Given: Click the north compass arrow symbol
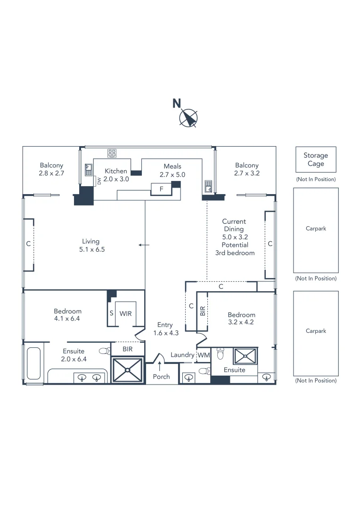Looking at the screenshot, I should [x=189, y=118].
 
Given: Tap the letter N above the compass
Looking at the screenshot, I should [x=177, y=103].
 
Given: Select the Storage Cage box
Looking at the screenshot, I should [x=316, y=159].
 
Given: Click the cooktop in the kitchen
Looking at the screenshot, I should [x=112, y=153].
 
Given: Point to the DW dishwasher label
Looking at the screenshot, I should [x=99, y=181].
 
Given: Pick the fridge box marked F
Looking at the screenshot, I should [x=161, y=189].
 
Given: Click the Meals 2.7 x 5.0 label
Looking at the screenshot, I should [x=172, y=170].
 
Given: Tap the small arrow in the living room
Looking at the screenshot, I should [x=144, y=245].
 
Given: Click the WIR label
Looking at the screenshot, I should [x=125, y=313].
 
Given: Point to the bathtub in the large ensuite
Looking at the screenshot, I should [x=34, y=363].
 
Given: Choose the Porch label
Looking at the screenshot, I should [x=161, y=377].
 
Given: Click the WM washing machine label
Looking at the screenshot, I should [x=203, y=355].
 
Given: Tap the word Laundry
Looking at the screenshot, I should [x=182, y=355].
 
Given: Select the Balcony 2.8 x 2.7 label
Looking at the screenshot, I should [x=51, y=169].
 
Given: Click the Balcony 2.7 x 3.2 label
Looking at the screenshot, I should [x=247, y=169].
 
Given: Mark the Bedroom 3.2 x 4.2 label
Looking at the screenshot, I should [x=241, y=319].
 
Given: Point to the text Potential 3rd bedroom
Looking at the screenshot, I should [x=234, y=249].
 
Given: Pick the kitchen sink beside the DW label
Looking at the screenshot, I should [x=88, y=169].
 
